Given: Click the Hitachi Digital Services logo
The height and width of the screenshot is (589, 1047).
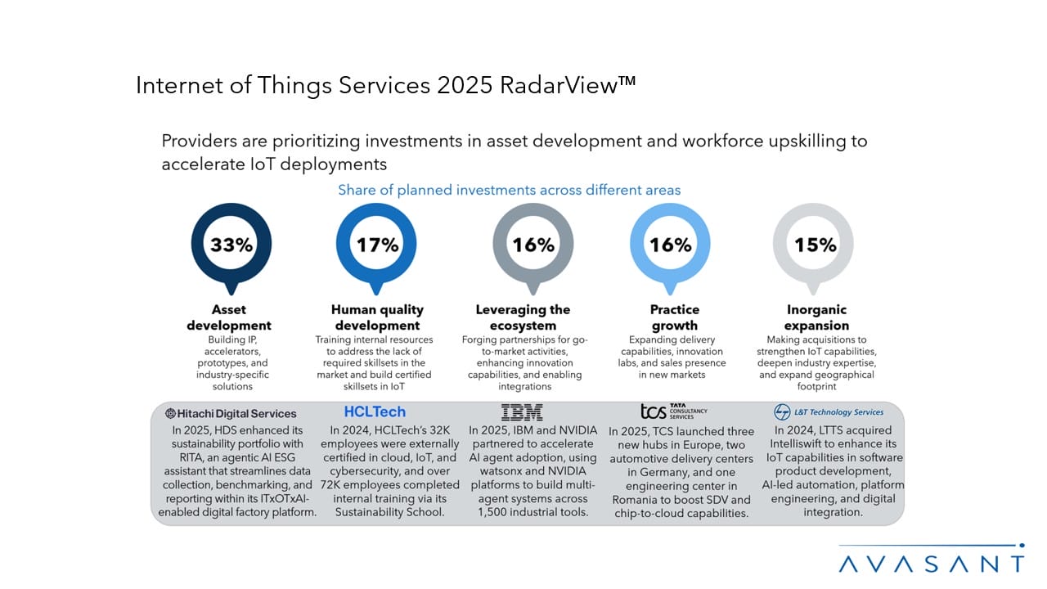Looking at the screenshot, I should click(231, 413).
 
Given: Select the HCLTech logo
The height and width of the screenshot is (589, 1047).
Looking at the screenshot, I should click(375, 411).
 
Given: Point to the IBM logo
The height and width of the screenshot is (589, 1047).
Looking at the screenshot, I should click(522, 412).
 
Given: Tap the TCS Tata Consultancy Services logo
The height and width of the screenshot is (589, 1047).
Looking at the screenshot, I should click(673, 411).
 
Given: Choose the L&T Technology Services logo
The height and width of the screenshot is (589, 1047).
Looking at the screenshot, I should click(829, 412).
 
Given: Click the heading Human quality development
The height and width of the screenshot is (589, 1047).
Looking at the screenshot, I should click(377, 317).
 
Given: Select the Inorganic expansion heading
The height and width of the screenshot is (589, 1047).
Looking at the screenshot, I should click(816, 317).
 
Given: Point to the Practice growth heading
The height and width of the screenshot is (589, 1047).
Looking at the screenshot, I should click(675, 317).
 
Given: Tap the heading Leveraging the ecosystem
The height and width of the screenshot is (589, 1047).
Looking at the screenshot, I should click(523, 317).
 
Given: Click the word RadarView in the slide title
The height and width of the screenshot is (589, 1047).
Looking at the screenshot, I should click(564, 85).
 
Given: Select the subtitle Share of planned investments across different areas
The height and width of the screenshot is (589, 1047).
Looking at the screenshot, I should click(510, 190).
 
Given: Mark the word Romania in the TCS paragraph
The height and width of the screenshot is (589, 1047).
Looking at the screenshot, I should click(642, 500).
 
